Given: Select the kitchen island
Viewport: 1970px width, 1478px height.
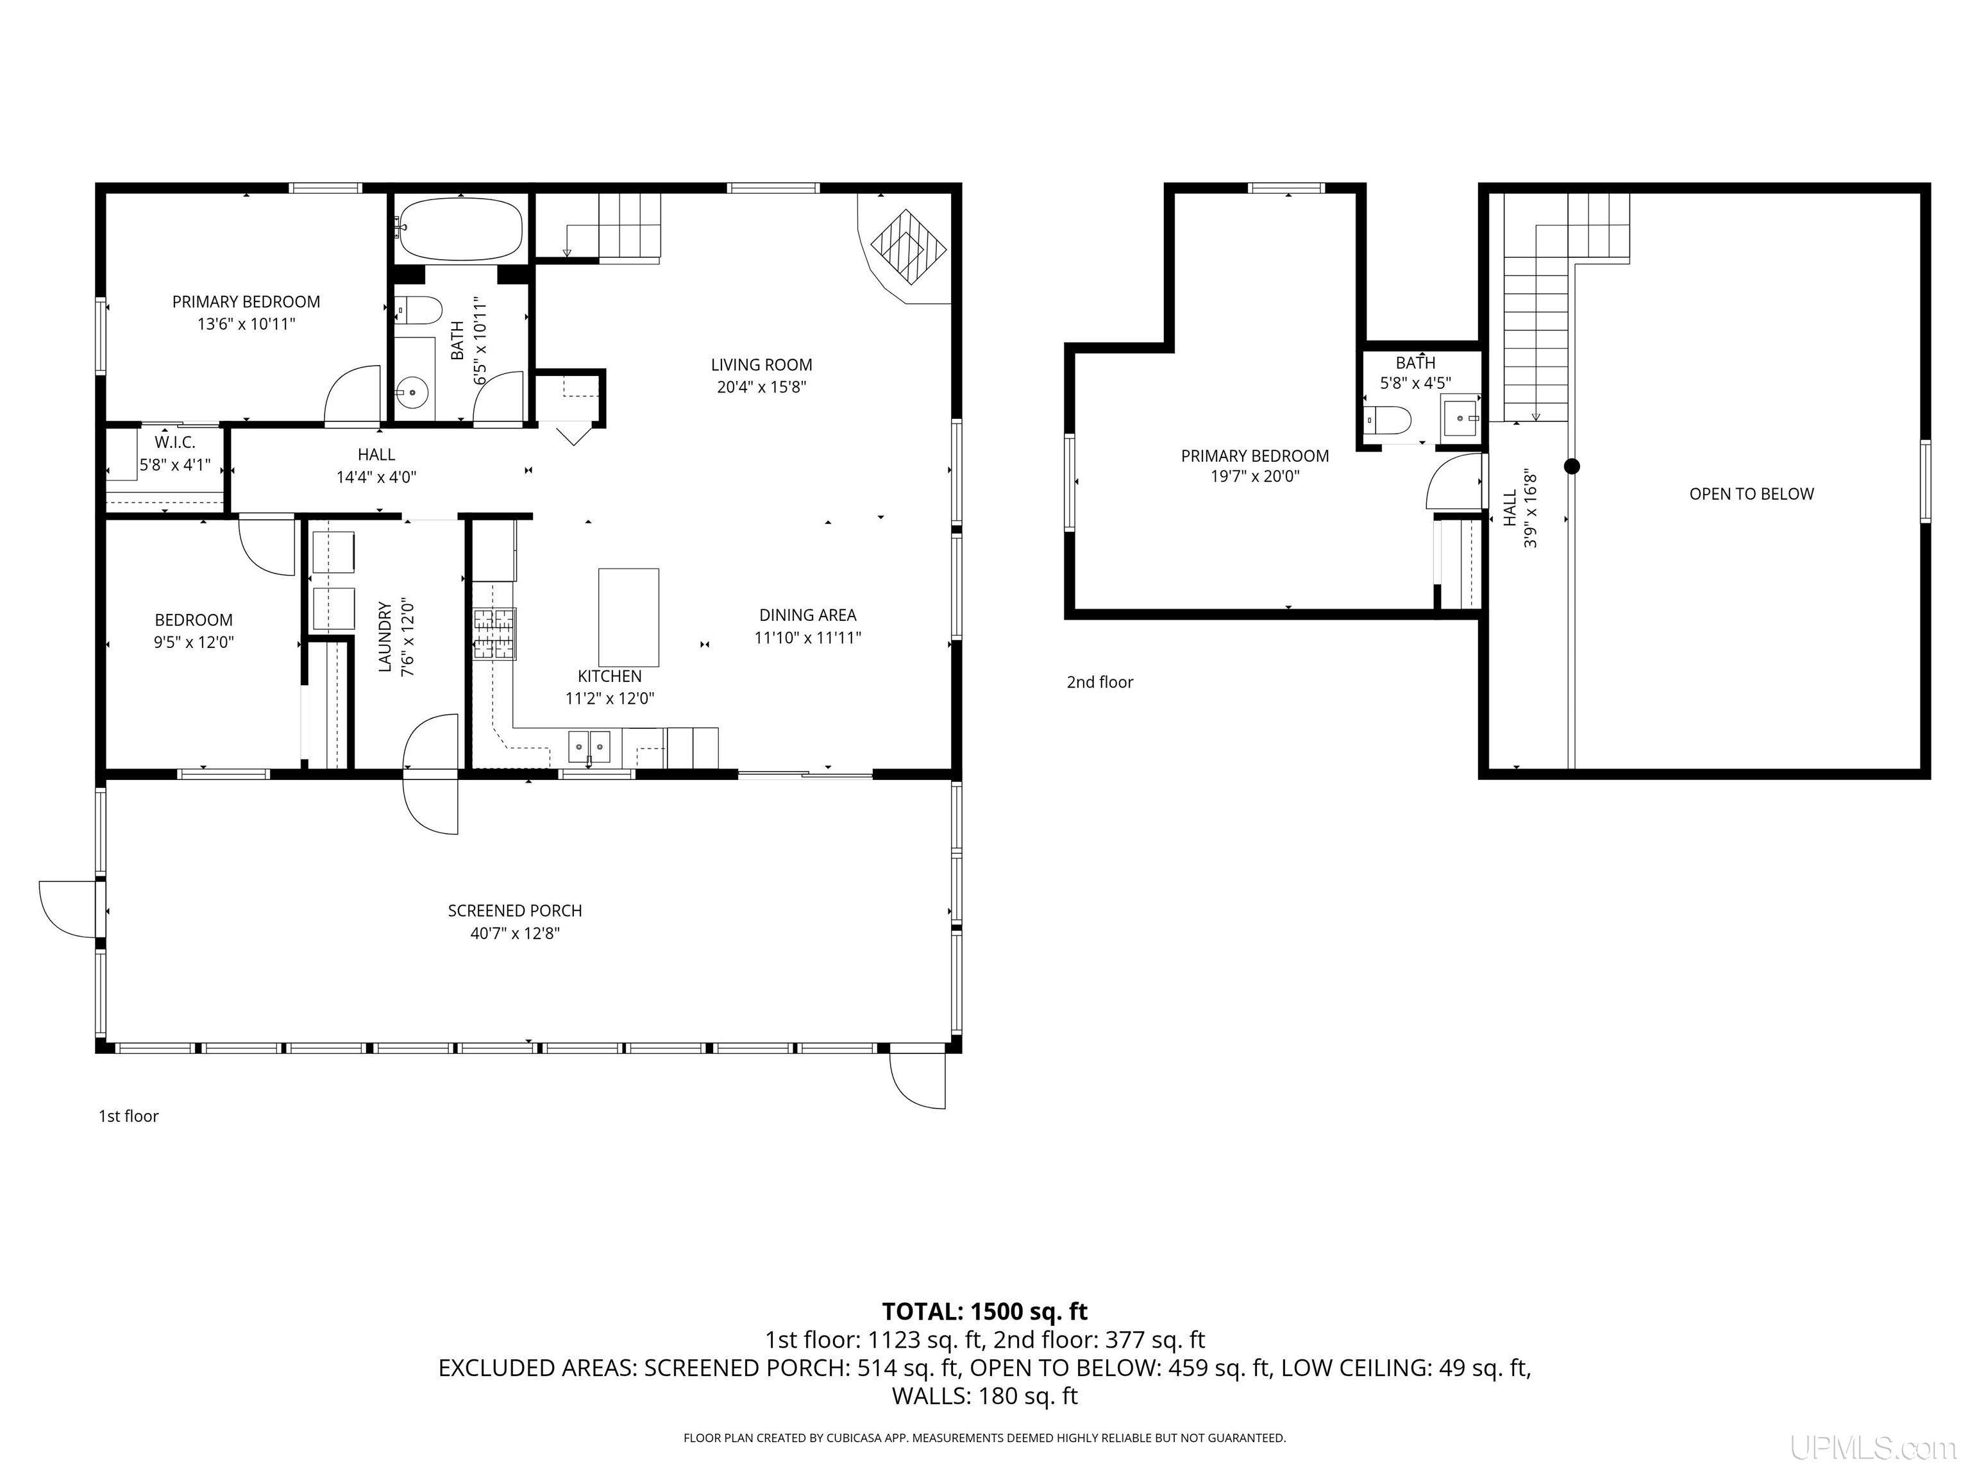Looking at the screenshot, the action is point(628,616).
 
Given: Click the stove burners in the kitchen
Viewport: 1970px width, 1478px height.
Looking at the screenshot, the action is point(494,633).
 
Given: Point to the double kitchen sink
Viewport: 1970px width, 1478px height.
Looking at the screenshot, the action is point(589,747).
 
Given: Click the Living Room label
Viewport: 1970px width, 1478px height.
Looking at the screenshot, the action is point(761,364).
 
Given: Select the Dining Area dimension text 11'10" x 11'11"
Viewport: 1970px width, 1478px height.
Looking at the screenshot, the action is point(808,637).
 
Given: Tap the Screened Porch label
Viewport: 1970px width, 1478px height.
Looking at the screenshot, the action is point(515,910).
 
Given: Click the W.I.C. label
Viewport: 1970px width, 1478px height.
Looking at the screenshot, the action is point(174,442).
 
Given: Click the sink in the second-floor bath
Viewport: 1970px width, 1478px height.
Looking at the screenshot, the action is point(1461,417).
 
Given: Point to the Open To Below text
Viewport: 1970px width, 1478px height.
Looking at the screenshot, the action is point(1751,493).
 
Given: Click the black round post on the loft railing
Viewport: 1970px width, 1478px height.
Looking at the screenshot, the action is point(1572,466).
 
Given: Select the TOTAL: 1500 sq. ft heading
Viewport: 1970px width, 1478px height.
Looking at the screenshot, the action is point(984,1311).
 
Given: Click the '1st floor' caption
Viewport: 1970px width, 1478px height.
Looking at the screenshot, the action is point(128,1116).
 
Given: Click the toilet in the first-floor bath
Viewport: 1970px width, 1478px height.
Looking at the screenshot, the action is point(417,310).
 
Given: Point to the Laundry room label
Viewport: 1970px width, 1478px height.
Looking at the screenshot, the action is point(385,636).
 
